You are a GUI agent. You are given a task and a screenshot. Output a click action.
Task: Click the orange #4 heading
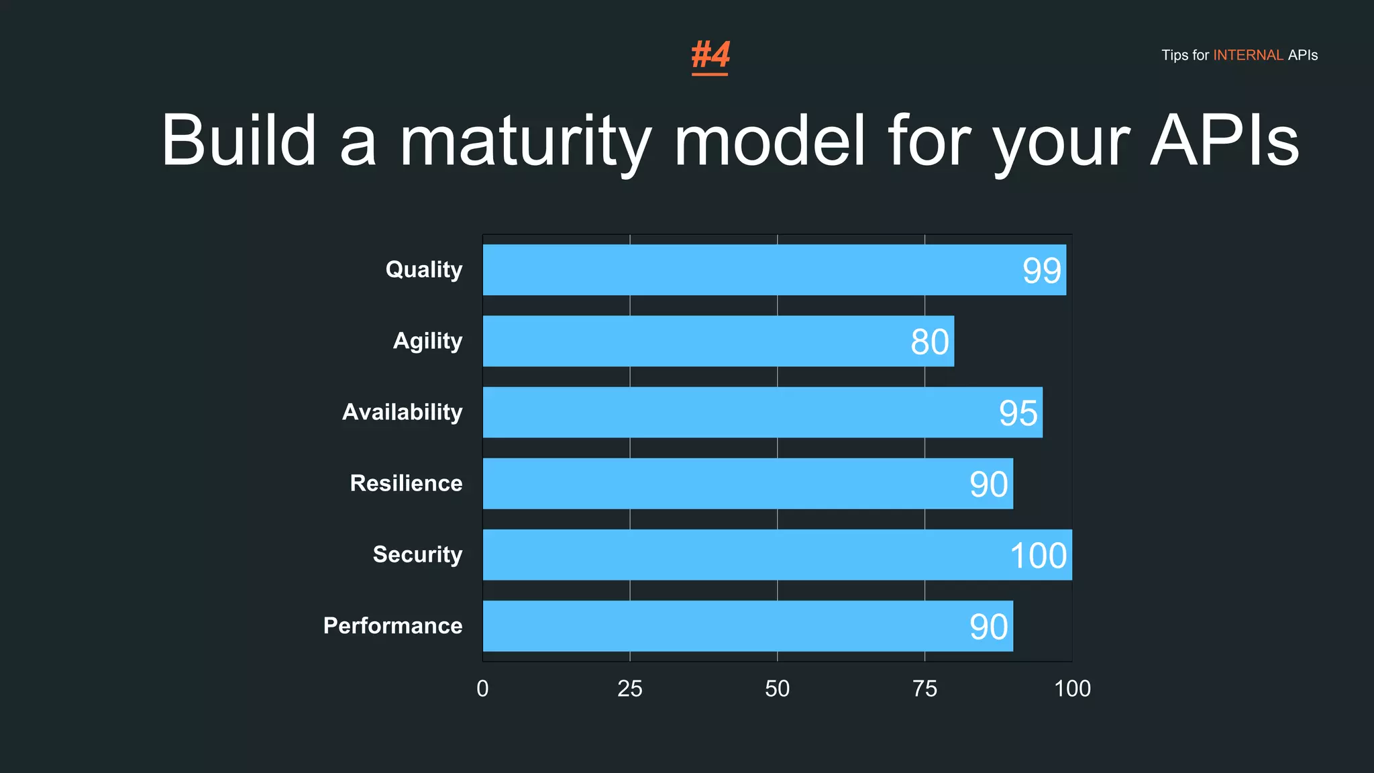click(710, 55)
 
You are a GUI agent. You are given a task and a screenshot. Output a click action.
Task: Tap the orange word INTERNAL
click(1248, 55)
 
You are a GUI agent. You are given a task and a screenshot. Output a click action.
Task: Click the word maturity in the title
click(525, 141)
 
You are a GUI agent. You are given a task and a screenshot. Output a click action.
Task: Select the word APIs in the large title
click(1224, 141)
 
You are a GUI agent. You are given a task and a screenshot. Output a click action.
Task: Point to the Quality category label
click(424, 270)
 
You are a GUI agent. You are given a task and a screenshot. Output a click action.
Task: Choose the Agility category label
click(427, 341)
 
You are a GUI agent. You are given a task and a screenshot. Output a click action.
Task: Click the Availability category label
click(403, 412)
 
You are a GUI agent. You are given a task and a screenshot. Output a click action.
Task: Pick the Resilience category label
click(406, 483)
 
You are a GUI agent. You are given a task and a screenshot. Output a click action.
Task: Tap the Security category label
click(417, 554)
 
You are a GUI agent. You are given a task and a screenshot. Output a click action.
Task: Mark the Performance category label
click(393, 625)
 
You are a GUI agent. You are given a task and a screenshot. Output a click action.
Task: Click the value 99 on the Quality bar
click(1041, 271)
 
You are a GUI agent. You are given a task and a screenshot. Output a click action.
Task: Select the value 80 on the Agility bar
click(930, 342)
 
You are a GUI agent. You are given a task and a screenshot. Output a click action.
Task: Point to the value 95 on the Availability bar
click(1018, 413)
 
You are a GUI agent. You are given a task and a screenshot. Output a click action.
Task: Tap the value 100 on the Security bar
click(1039, 556)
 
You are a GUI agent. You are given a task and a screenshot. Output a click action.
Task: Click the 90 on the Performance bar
click(989, 627)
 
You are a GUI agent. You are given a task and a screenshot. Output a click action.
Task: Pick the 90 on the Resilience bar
click(989, 484)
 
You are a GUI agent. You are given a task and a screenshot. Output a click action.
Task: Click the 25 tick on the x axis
click(630, 688)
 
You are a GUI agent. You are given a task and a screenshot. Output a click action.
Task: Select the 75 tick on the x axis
click(925, 688)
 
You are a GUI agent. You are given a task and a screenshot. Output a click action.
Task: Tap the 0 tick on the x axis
click(482, 688)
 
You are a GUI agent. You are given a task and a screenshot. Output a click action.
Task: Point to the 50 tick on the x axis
click(778, 688)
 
